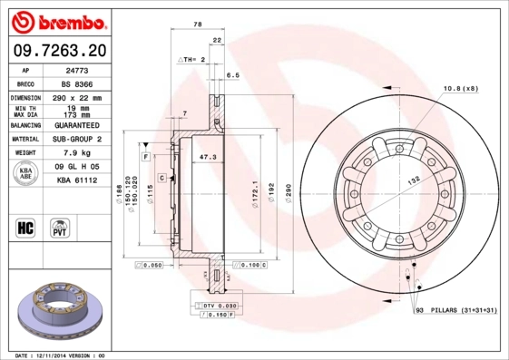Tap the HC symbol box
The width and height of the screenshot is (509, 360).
click(x=25, y=227)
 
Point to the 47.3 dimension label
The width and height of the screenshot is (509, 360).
click(x=207, y=157)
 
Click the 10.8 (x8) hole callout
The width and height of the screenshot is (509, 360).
click(x=460, y=88)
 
